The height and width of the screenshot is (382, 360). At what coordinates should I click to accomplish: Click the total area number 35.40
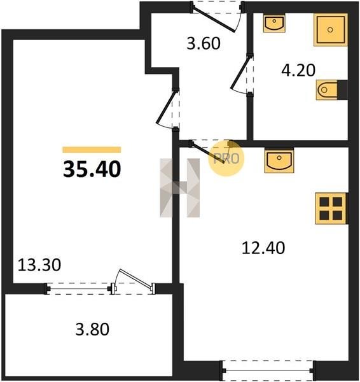pos(92,169)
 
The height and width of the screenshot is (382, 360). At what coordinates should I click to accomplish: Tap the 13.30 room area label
pos(39,265)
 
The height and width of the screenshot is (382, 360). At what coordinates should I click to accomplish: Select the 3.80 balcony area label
pos(92,329)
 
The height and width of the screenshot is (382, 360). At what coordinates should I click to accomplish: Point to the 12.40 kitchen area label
pos(263,248)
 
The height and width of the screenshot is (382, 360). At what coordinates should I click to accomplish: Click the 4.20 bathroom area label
pos(298,70)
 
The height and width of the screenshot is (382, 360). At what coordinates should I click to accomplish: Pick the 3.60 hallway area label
pos(204,43)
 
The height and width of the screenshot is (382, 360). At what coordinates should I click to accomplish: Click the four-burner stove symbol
pos(331,209)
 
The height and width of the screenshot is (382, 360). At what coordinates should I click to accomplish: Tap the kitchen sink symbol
pos(279,160)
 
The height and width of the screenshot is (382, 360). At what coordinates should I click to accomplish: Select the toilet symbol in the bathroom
pos(327,90)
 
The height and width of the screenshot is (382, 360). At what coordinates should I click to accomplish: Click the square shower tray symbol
pos(331,30)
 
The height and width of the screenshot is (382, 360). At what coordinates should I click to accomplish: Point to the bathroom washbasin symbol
pos(274,23)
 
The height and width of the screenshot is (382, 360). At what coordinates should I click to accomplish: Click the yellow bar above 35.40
pos(92,150)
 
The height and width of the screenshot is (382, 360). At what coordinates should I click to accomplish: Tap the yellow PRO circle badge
pos(226,159)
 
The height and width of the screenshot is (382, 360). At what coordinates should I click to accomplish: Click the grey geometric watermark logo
pos(179,188)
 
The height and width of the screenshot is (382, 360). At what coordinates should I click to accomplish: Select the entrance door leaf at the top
pos(214,20)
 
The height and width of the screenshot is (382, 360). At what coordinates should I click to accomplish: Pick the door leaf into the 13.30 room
pos(166,107)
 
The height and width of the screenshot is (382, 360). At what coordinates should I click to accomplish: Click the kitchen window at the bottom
pos(268,371)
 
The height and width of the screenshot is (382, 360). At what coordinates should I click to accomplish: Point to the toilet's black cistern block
pos(342,90)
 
